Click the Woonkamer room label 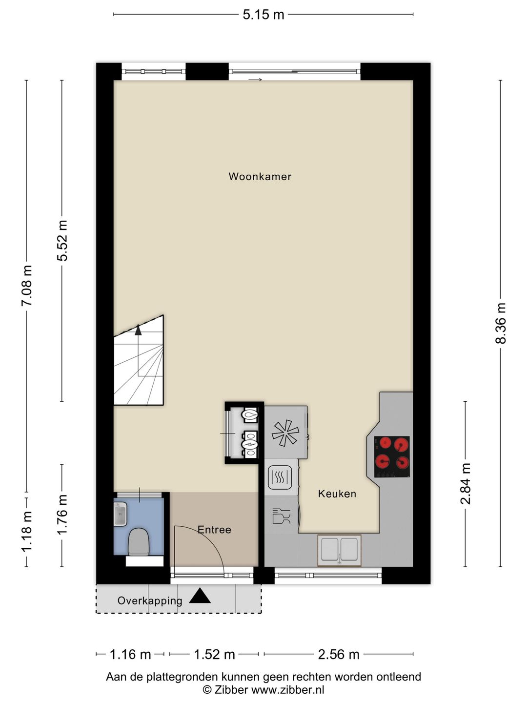[260, 176]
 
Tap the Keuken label [337, 494]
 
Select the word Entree [214, 529]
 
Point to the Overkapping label [150, 600]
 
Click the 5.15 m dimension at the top [263, 15]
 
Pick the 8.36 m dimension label [501, 323]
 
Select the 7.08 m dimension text [26, 286]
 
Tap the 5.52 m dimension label [62, 241]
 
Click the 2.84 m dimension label [465, 484]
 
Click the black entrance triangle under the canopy [200, 596]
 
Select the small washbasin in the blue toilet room [121, 514]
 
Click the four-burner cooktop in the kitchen [392, 457]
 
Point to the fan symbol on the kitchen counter [285, 433]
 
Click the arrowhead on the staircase [138, 330]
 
